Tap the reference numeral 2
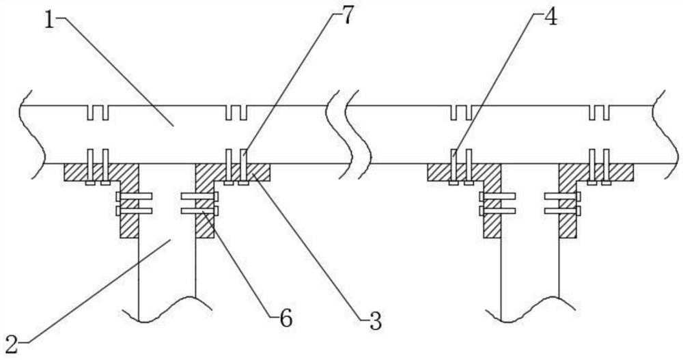click(x=12, y=341)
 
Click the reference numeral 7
click(x=348, y=16)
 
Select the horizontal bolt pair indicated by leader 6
click(x=199, y=204)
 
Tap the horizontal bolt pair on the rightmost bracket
click(x=562, y=204)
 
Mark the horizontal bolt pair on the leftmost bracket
click(x=134, y=204)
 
